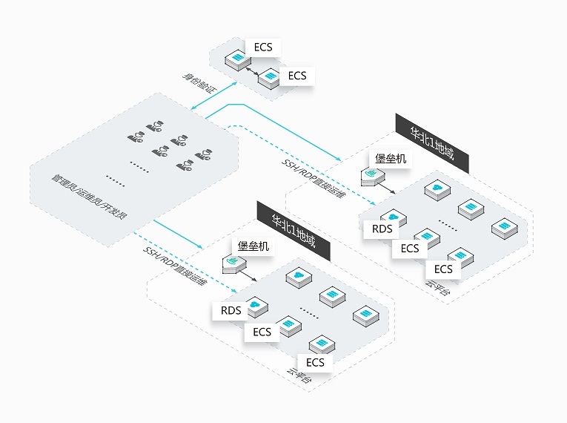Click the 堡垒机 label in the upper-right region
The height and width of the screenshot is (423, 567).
coord(391,158)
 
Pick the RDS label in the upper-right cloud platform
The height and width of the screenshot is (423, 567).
coord(382,229)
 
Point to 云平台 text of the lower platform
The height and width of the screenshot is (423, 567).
coord(299,373)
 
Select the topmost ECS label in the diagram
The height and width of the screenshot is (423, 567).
coord(263,47)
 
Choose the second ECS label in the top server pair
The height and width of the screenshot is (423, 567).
coord(297,76)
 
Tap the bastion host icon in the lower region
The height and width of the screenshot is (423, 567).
coord(233,263)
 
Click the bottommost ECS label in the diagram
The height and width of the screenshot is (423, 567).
coord(315,362)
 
